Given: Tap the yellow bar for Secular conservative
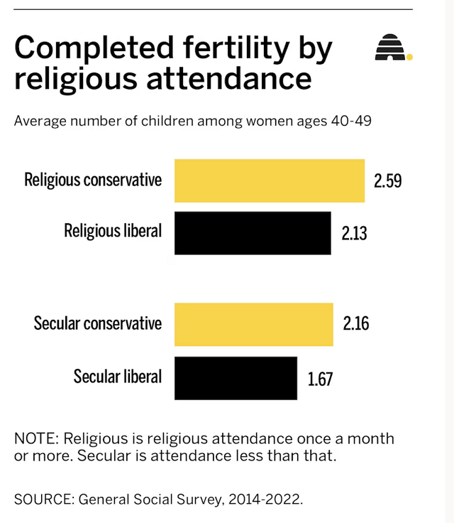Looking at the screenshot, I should click(x=253, y=325).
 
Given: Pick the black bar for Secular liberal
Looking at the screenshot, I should click(x=235, y=378).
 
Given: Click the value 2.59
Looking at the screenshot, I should click(x=388, y=181).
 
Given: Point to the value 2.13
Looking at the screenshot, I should click(x=354, y=233).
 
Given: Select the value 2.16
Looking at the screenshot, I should click(x=356, y=325).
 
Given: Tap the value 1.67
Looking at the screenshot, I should click(x=320, y=378).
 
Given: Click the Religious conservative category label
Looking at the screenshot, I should click(x=93, y=180).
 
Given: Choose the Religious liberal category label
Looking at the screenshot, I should click(x=113, y=231).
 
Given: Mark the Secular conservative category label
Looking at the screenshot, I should click(x=98, y=324).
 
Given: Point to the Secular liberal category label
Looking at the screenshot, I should click(x=118, y=377).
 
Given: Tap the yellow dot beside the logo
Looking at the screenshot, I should click(x=409, y=57).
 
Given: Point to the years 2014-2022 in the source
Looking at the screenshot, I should click(x=265, y=499).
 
